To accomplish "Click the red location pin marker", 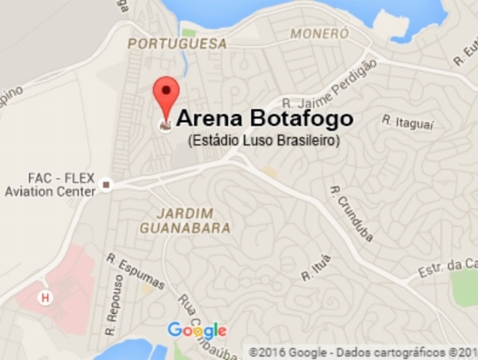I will [166, 94].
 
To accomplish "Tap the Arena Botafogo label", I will [264, 119].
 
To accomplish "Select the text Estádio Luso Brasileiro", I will [264, 141].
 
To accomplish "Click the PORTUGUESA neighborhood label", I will [177, 44].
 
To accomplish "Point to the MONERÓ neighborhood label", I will [319, 34].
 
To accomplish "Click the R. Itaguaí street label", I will [408, 122].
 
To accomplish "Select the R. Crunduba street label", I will [352, 213].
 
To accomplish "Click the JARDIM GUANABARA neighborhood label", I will [185, 221].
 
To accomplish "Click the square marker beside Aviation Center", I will [106, 185].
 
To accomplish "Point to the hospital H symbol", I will [44, 297].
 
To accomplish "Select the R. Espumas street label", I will [135, 271].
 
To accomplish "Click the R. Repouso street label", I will [114, 305].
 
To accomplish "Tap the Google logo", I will [197, 330].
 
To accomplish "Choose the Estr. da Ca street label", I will [448, 267].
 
